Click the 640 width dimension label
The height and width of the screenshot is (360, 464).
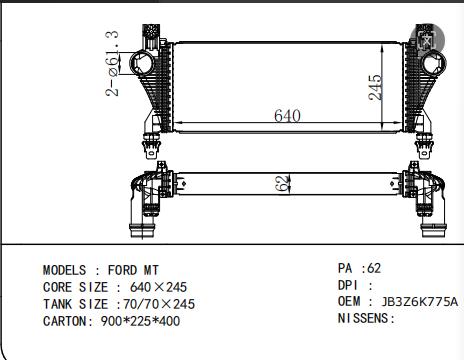point(287,115)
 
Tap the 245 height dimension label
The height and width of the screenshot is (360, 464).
point(375,87)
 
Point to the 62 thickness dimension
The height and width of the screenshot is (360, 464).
point(283,183)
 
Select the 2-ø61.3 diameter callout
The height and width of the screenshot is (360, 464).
point(112,63)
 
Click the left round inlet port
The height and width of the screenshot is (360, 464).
point(143,63)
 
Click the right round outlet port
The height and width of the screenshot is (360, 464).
point(434,63)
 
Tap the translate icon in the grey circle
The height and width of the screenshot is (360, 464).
point(427,40)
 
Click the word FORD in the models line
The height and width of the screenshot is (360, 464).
point(122,270)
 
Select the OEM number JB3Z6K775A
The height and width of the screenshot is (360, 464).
point(419,301)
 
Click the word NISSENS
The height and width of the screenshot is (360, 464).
point(363,318)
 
